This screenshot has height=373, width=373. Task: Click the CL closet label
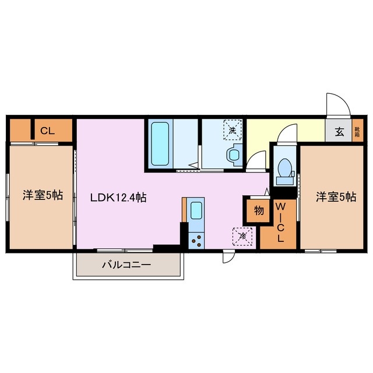click(x=47, y=131)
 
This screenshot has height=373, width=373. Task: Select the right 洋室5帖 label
click(x=336, y=196)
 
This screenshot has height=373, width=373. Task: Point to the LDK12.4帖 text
click(x=118, y=198)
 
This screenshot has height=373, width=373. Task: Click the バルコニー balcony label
click(x=126, y=265)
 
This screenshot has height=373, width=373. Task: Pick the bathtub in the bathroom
click(x=160, y=144)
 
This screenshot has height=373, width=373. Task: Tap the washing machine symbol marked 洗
click(x=232, y=131)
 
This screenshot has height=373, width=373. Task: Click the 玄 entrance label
click(x=339, y=132)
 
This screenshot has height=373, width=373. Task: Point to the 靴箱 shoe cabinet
click(x=357, y=131)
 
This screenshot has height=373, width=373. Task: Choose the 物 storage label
click(x=257, y=210)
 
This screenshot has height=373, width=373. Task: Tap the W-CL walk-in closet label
click(x=280, y=223)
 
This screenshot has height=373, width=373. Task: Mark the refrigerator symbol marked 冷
click(x=242, y=235)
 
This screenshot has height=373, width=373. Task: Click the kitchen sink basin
click(x=196, y=210)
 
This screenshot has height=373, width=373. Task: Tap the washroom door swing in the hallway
click(x=255, y=161)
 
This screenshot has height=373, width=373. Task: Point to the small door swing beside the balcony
click(x=228, y=257)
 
